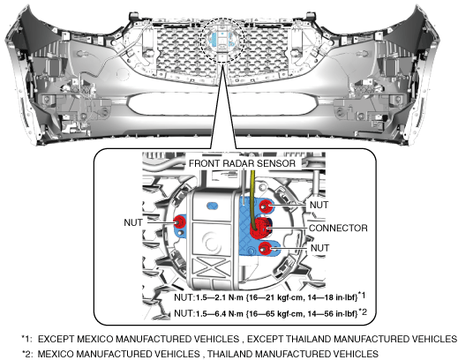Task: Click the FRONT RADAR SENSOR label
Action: [x=242, y=163]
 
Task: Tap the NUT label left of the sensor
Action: [x=133, y=222]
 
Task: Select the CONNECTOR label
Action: [x=338, y=229]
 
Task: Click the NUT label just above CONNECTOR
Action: [x=319, y=205]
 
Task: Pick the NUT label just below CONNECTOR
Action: [x=319, y=248]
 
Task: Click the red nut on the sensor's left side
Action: [x=179, y=221]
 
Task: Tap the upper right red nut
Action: [x=266, y=206]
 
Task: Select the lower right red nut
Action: [x=266, y=248]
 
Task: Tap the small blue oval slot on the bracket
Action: [x=213, y=206]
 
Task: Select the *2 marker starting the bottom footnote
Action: [x=27, y=354]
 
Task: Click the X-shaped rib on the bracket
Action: [x=211, y=267]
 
